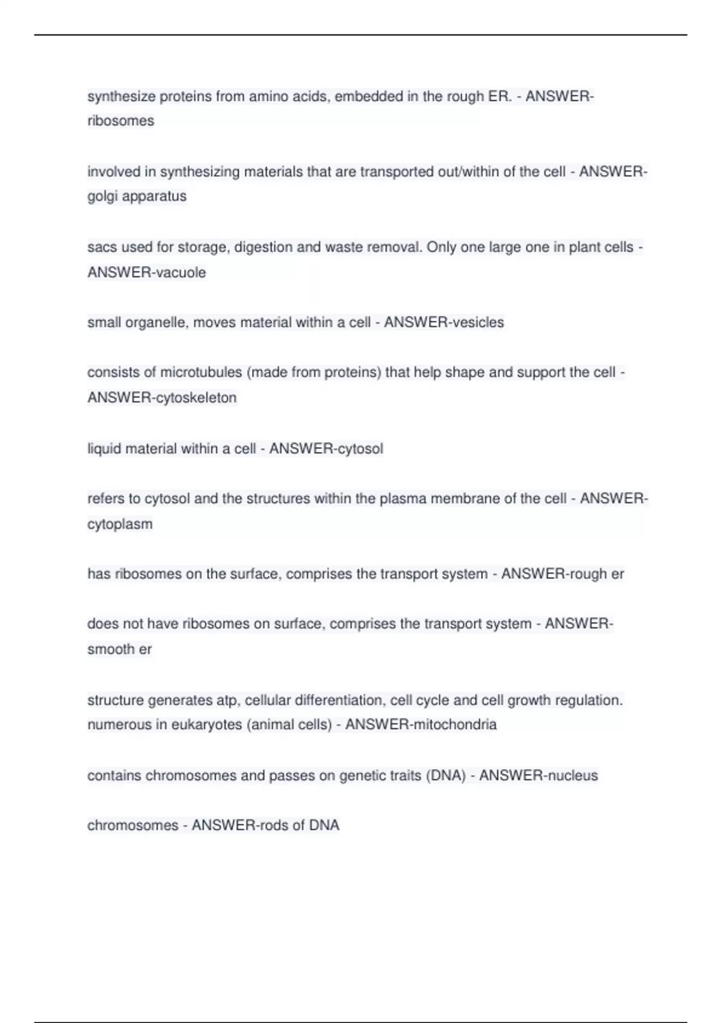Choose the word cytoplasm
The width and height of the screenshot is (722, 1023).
pos(120,524)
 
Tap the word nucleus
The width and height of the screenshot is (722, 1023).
pos(572,776)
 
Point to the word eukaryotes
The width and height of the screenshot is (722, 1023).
pos(207,725)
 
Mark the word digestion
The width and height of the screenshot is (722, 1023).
pos(263,247)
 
